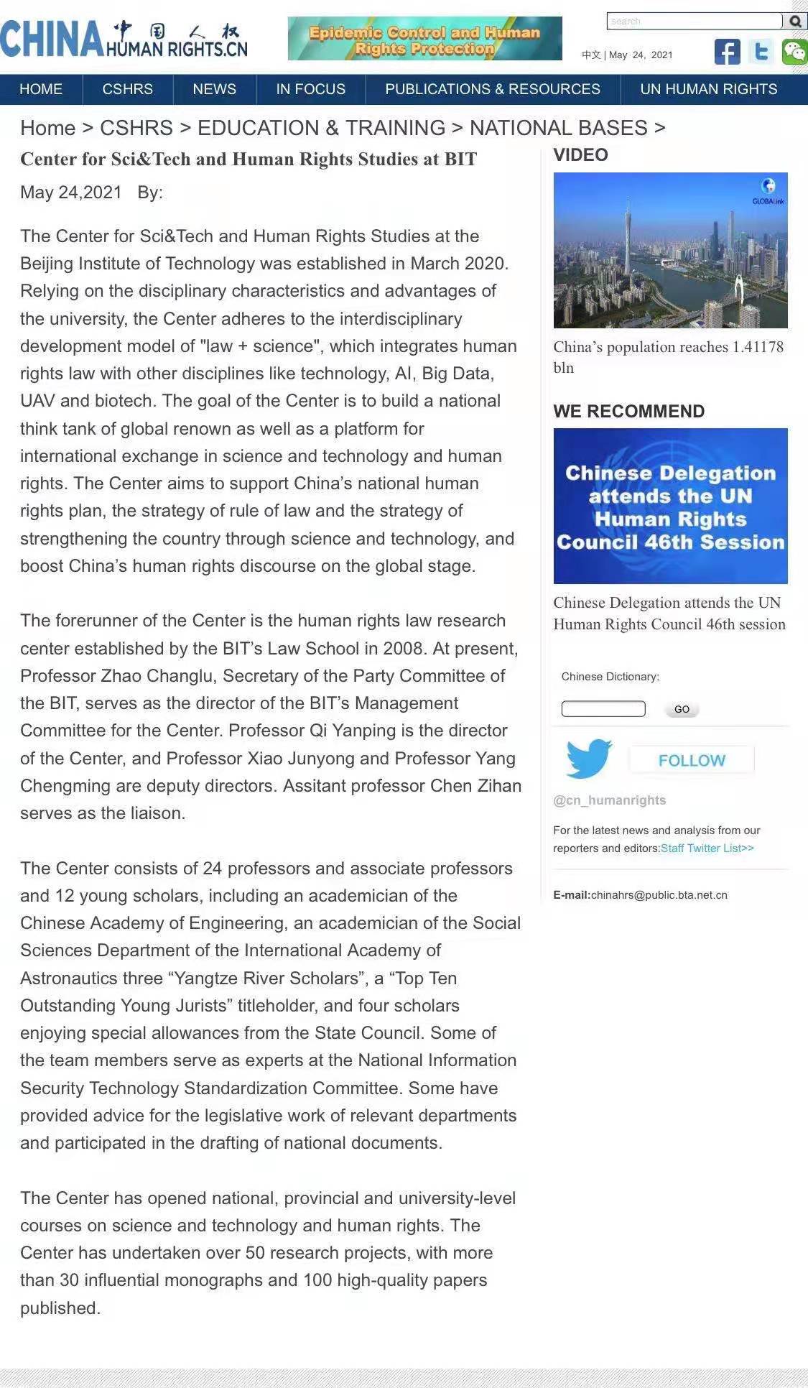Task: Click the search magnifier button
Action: (795, 22)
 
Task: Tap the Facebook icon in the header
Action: (727, 52)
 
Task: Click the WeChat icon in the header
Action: (794, 52)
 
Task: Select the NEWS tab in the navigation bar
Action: (214, 89)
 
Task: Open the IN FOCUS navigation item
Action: (310, 89)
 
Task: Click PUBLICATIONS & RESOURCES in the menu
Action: (492, 89)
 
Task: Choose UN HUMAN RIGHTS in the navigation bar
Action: (708, 89)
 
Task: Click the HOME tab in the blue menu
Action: (41, 89)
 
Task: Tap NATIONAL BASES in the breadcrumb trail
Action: (558, 128)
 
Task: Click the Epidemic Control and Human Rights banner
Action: (424, 39)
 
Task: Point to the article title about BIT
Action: (249, 159)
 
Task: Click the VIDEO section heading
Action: (580, 155)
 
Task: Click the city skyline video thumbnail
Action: (670, 250)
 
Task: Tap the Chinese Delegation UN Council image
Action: (670, 506)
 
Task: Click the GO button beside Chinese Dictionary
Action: (682, 709)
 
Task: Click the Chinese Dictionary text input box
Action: (603, 709)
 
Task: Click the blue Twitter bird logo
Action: (588, 758)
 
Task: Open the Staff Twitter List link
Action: (707, 848)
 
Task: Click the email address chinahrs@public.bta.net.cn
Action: (659, 895)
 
